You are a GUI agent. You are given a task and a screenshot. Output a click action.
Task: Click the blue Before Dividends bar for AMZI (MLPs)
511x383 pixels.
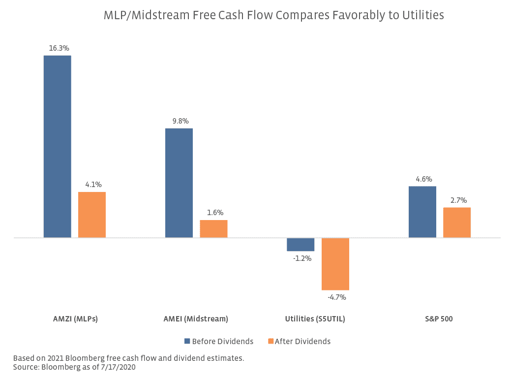click(x=57, y=147)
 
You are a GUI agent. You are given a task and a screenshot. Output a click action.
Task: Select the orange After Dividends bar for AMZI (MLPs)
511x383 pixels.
click(x=92, y=215)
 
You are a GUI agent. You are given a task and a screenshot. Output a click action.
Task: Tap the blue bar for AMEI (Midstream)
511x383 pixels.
click(x=179, y=183)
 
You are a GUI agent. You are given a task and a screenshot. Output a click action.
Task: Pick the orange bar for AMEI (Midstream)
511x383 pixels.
click(x=213, y=229)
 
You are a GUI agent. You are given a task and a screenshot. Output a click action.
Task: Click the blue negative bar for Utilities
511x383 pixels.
click(x=301, y=244)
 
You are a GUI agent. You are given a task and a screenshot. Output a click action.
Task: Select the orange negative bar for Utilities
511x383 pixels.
click(x=335, y=264)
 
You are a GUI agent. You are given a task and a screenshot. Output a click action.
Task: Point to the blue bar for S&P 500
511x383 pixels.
click(x=422, y=212)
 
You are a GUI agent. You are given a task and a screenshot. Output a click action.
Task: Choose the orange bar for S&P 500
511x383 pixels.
click(x=457, y=223)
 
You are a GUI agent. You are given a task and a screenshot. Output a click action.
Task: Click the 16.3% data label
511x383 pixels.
click(x=59, y=48)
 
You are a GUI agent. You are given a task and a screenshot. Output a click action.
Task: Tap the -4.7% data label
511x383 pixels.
click(x=337, y=297)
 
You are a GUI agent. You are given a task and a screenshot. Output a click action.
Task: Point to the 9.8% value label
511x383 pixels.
click(x=180, y=121)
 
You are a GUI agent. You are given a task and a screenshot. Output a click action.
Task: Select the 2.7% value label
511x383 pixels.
click(x=458, y=200)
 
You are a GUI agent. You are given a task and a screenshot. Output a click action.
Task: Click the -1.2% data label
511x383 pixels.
click(x=302, y=258)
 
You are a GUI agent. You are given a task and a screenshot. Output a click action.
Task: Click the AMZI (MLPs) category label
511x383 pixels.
click(x=75, y=319)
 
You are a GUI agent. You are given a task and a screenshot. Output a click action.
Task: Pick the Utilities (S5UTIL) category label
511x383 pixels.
click(x=315, y=319)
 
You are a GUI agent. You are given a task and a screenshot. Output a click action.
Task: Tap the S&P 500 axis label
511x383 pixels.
click(x=439, y=319)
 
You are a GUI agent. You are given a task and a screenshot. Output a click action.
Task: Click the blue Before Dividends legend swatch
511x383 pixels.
click(x=187, y=341)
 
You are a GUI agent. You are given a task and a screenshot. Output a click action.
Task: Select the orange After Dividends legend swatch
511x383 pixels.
click(x=271, y=341)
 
